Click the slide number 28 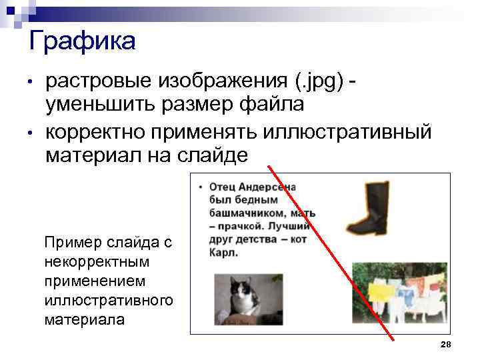click(x=446, y=344)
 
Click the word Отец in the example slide click(x=223, y=187)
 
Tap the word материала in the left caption click(x=84, y=319)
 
